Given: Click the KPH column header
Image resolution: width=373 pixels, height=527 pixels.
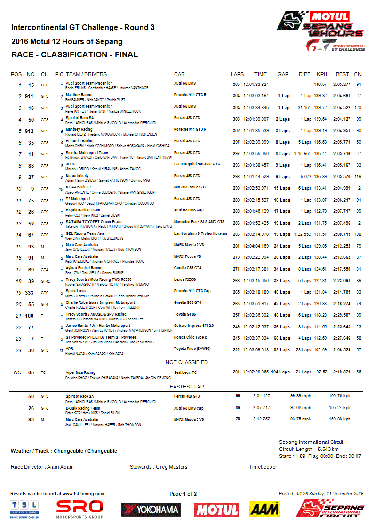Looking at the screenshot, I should pyautogui.click(x=322, y=74).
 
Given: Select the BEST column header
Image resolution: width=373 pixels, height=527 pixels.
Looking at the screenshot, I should pyautogui.click(x=342, y=74).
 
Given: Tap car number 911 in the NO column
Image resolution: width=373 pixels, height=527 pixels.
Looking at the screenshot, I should pyautogui.click(x=29, y=96).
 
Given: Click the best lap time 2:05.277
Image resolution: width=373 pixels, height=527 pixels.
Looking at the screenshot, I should pyautogui.click(x=341, y=85).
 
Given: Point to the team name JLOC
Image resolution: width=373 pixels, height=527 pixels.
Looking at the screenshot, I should pyautogui.click(x=71, y=164).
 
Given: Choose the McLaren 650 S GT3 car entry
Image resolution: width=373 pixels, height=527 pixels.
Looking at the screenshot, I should pyautogui.click(x=190, y=187).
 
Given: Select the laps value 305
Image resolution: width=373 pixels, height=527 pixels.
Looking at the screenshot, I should pyautogui.click(x=236, y=85).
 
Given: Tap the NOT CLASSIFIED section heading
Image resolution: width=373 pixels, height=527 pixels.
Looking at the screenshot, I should pyautogui.click(x=187, y=362).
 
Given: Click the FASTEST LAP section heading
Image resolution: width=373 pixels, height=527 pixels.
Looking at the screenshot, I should pyautogui.click(x=187, y=387).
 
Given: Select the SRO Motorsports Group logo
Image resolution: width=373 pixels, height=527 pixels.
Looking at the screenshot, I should pyautogui.click(x=79, y=509).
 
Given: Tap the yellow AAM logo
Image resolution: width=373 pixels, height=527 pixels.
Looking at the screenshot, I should pyautogui.click(x=264, y=509).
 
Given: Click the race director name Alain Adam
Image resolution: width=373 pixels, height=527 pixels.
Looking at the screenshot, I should pyautogui.click(x=61, y=467).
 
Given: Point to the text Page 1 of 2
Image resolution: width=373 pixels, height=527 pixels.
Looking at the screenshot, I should pyautogui.click(x=183, y=494).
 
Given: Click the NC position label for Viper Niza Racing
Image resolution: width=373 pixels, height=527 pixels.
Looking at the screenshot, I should pyautogui.click(x=17, y=372).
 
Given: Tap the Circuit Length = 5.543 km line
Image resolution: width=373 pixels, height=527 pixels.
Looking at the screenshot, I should pyautogui.click(x=309, y=449).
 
